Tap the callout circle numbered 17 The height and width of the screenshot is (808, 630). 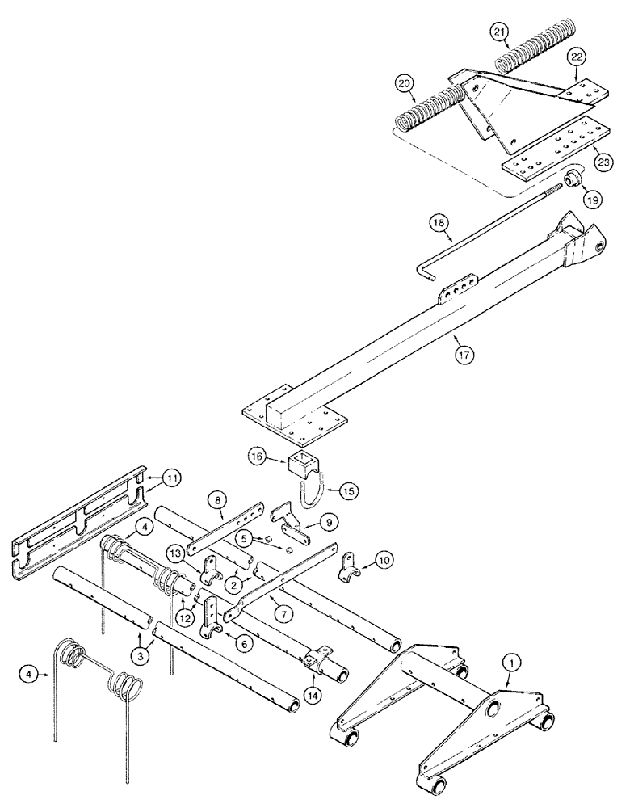[x=461, y=356]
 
